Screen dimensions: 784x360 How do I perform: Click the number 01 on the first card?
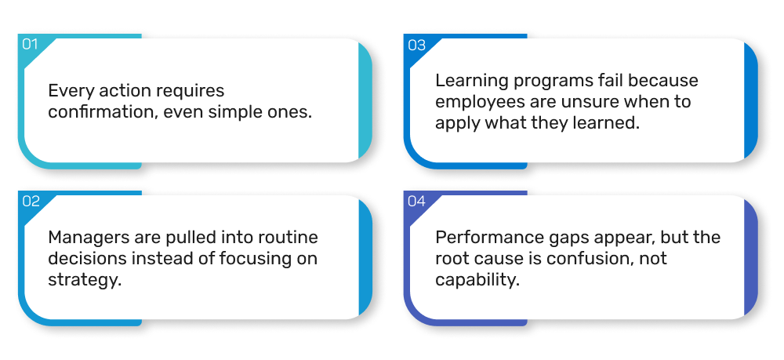tap(30, 45)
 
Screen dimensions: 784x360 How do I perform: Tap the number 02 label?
tap(31, 201)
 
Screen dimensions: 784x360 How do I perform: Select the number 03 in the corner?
tap(416, 45)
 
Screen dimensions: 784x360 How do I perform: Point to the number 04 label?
tap(416, 201)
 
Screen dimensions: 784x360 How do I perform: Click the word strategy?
tap(85, 280)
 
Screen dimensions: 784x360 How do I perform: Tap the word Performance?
tap(481, 237)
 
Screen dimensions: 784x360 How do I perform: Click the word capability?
tap(477, 280)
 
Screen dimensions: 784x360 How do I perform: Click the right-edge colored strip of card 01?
tap(365, 100)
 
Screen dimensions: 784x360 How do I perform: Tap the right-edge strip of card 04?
tap(751, 257)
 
